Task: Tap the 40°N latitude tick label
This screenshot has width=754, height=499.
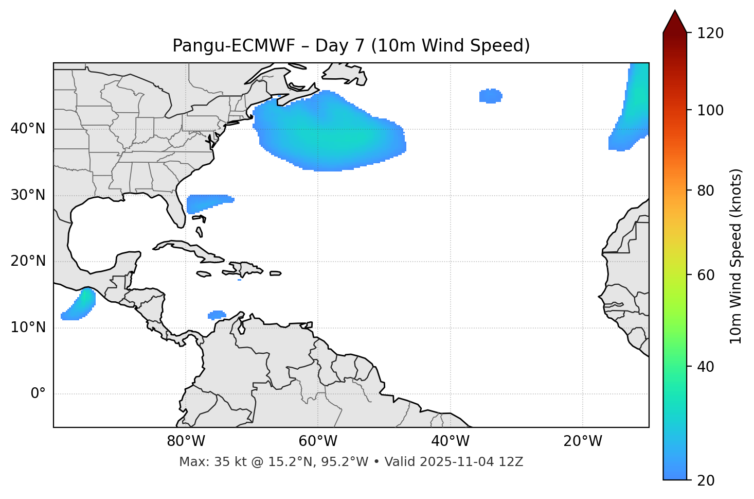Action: point(28,129)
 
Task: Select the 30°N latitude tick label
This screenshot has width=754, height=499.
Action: point(28,195)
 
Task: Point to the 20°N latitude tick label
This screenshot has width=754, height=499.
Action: point(28,261)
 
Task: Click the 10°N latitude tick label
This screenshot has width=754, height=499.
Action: point(28,328)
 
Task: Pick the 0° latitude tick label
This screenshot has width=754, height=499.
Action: point(38,394)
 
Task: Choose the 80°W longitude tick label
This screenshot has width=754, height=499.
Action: point(186,441)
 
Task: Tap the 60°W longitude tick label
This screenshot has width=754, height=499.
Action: point(318,441)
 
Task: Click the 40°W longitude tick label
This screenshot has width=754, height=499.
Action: point(450,441)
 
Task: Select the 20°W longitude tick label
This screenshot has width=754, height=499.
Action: point(582,441)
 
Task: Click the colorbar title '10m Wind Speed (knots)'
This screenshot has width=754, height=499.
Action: point(736,256)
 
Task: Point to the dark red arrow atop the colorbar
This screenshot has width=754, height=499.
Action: point(675,22)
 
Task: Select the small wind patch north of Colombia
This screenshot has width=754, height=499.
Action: point(217,315)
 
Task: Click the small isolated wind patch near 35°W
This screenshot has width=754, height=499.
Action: point(491,96)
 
